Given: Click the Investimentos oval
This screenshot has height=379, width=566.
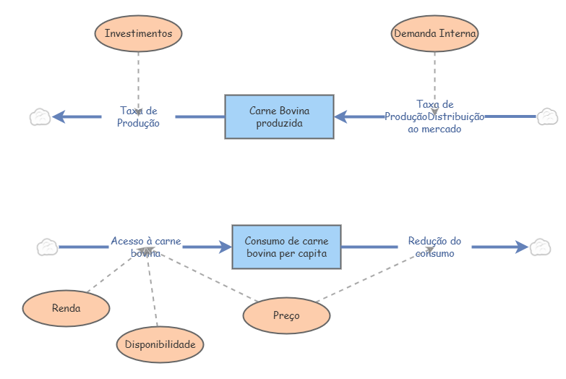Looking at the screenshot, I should pyautogui.click(x=138, y=33).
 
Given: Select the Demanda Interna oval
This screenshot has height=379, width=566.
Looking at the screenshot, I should pyautogui.click(x=434, y=33).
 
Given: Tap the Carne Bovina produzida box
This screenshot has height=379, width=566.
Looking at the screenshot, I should pyautogui.click(x=279, y=116).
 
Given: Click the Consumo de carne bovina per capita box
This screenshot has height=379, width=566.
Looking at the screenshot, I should pyautogui.click(x=286, y=247).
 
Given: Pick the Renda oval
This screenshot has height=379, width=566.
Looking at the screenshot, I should pyautogui.click(x=66, y=308).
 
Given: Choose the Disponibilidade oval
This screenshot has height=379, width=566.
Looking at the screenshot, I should pyautogui.click(x=160, y=344).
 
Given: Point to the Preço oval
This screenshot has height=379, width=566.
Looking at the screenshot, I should pyautogui.click(x=286, y=316).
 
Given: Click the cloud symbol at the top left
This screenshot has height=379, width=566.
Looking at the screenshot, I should pyautogui.click(x=40, y=116).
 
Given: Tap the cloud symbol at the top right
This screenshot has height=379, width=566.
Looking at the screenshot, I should pyautogui.click(x=547, y=116).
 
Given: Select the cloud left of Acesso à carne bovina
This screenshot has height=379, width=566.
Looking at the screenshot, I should pyautogui.click(x=48, y=247).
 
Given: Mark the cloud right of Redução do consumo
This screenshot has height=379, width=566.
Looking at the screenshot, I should pyautogui.click(x=540, y=247).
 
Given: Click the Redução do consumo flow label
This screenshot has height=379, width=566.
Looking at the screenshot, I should pyautogui.click(x=434, y=247).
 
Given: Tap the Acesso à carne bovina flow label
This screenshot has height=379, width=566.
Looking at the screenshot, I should pyautogui.click(x=145, y=247).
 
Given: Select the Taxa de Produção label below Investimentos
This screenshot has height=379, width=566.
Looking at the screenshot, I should pyautogui.click(x=138, y=116).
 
